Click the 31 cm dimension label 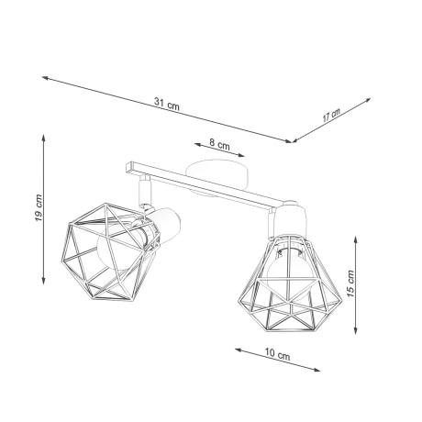pos(169,105)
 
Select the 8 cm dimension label pos(218,144)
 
